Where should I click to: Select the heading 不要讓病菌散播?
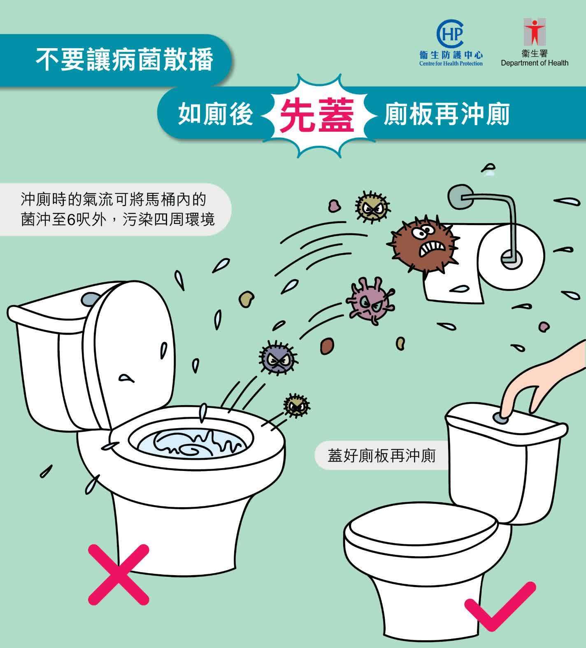tap(124, 59)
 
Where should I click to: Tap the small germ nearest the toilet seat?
tap(296, 406)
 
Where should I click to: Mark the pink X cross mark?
tap(119, 574)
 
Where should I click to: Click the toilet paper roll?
tap(510, 257)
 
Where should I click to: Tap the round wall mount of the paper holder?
tap(460, 196)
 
